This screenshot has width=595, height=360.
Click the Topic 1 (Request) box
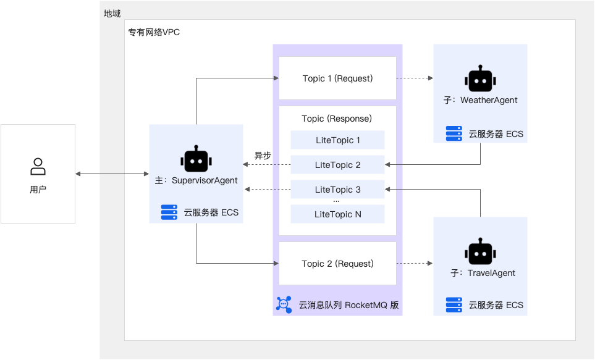tap(337, 78)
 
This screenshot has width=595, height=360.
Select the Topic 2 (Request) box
tap(337, 264)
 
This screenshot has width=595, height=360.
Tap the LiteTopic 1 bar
tap(337, 140)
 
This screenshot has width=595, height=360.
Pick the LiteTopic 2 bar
tap(337, 165)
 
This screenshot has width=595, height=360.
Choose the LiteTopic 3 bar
tap(337, 190)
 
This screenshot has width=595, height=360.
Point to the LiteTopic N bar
tap(337, 214)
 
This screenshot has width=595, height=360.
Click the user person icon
tap(38, 167)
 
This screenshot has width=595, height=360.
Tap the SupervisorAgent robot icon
tap(196, 160)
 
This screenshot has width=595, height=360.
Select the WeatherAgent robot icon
tap(480, 80)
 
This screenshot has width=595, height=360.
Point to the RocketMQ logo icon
tap(284, 304)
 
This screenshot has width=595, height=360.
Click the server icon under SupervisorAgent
tap(169, 212)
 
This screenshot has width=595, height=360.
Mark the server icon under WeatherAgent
tap(454, 133)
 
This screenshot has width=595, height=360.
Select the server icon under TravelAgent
tap(454, 304)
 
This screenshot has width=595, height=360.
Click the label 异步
tap(263, 156)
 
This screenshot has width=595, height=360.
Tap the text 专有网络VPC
tap(154, 32)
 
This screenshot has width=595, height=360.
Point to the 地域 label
tap(112, 13)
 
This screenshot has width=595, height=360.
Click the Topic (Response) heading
tap(337, 119)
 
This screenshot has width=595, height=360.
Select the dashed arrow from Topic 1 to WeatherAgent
tap(414, 78)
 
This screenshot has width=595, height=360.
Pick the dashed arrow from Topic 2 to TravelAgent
tap(414, 264)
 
